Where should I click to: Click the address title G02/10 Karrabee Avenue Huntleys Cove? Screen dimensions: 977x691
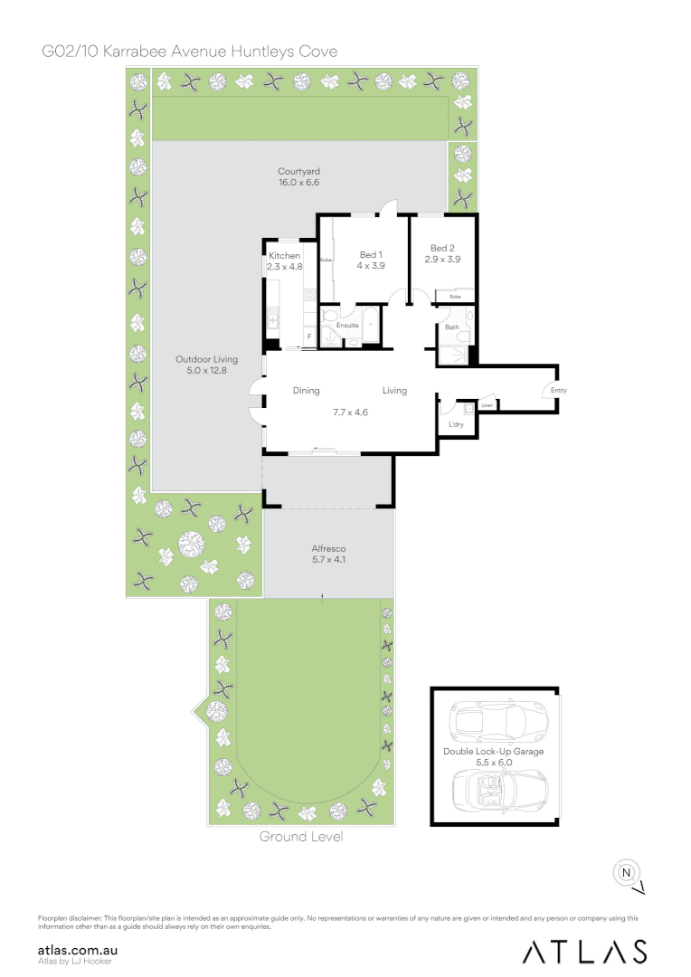(190, 52)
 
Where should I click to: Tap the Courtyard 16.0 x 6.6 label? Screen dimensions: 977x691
(299, 176)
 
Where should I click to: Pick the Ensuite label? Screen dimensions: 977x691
(348, 325)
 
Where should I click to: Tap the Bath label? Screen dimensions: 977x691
(451, 327)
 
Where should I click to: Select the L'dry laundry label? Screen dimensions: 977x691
(456, 423)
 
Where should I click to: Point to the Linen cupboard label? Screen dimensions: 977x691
(487, 405)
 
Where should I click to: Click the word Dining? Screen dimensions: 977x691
(307, 391)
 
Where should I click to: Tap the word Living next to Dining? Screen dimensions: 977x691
(394, 391)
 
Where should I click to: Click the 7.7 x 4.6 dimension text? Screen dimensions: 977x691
(350, 413)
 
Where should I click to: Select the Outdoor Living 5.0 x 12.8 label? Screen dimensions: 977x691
(207, 365)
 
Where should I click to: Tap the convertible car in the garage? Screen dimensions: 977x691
(498, 790)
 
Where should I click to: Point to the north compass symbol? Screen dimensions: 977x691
(625, 872)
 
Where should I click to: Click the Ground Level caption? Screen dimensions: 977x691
(301, 837)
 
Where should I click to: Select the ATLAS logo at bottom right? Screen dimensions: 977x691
(584, 952)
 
